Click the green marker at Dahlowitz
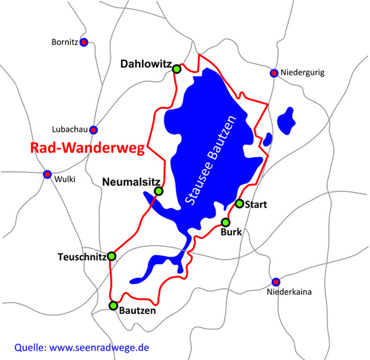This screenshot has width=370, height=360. click(x=176, y=69)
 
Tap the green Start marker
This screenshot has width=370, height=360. click(x=240, y=203)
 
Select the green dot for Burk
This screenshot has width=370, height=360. click(x=226, y=222)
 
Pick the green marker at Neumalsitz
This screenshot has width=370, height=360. click(x=158, y=191)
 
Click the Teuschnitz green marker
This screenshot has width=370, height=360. click(x=112, y=256)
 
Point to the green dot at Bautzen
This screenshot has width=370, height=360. click(x=113, y=306)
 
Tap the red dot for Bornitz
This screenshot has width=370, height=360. click(x=84, y=42)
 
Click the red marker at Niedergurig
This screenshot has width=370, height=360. click(x=274, y=73)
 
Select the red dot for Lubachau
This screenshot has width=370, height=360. click(x=93, y=130)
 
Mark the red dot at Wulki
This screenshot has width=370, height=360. click(x=47, y=174)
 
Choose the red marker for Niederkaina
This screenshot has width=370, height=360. click(x=276, y=282)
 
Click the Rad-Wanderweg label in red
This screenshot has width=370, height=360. click(x=87, y=148)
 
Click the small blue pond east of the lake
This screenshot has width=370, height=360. click(x=287, y=120)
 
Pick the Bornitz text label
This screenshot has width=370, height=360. click(x=65, y=42)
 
